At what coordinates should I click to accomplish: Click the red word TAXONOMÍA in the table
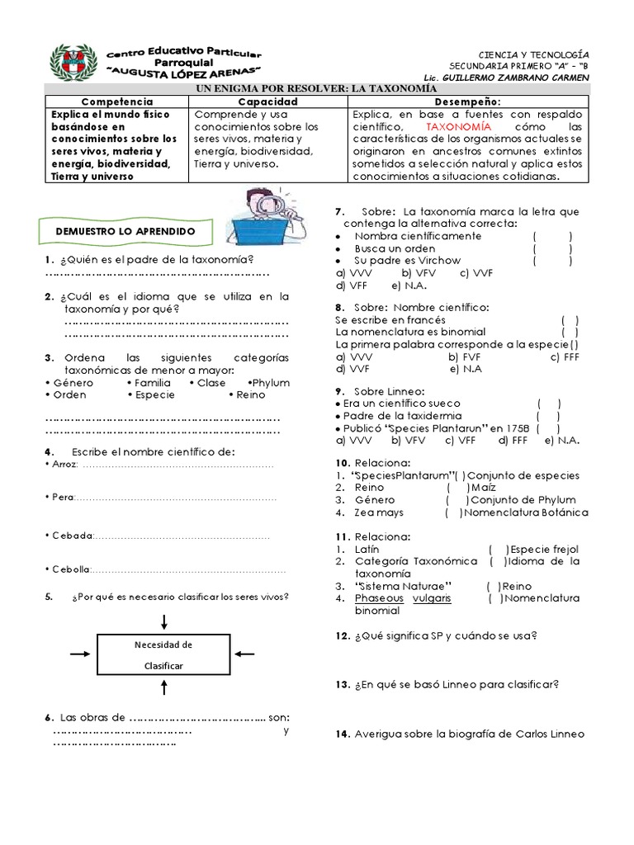point(458,128)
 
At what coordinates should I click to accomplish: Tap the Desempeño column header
point(468,100)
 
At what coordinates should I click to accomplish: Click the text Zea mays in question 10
point(380,512)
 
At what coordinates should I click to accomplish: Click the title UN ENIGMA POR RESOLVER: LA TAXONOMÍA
point(315,87)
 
